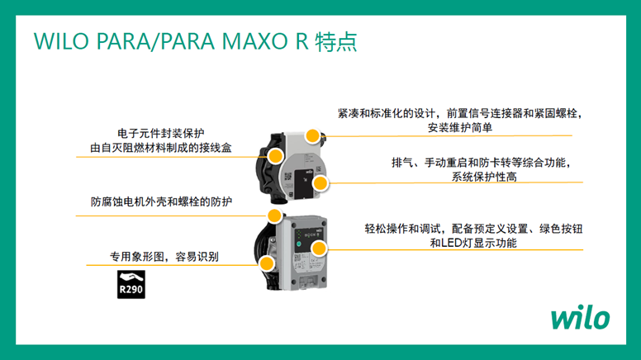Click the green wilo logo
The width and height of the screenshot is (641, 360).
[580, 317]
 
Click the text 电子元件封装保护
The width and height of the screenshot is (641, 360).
[161, 133]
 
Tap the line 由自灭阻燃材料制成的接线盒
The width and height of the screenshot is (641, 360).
[161, 148]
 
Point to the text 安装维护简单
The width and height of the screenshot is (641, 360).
[460, 127]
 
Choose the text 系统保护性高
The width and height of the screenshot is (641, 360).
[483, 177]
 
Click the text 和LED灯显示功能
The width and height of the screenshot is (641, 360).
[472, 243]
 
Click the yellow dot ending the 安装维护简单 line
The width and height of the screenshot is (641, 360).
[313, 135]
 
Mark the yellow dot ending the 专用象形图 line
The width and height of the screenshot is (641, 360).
[267, 264]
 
